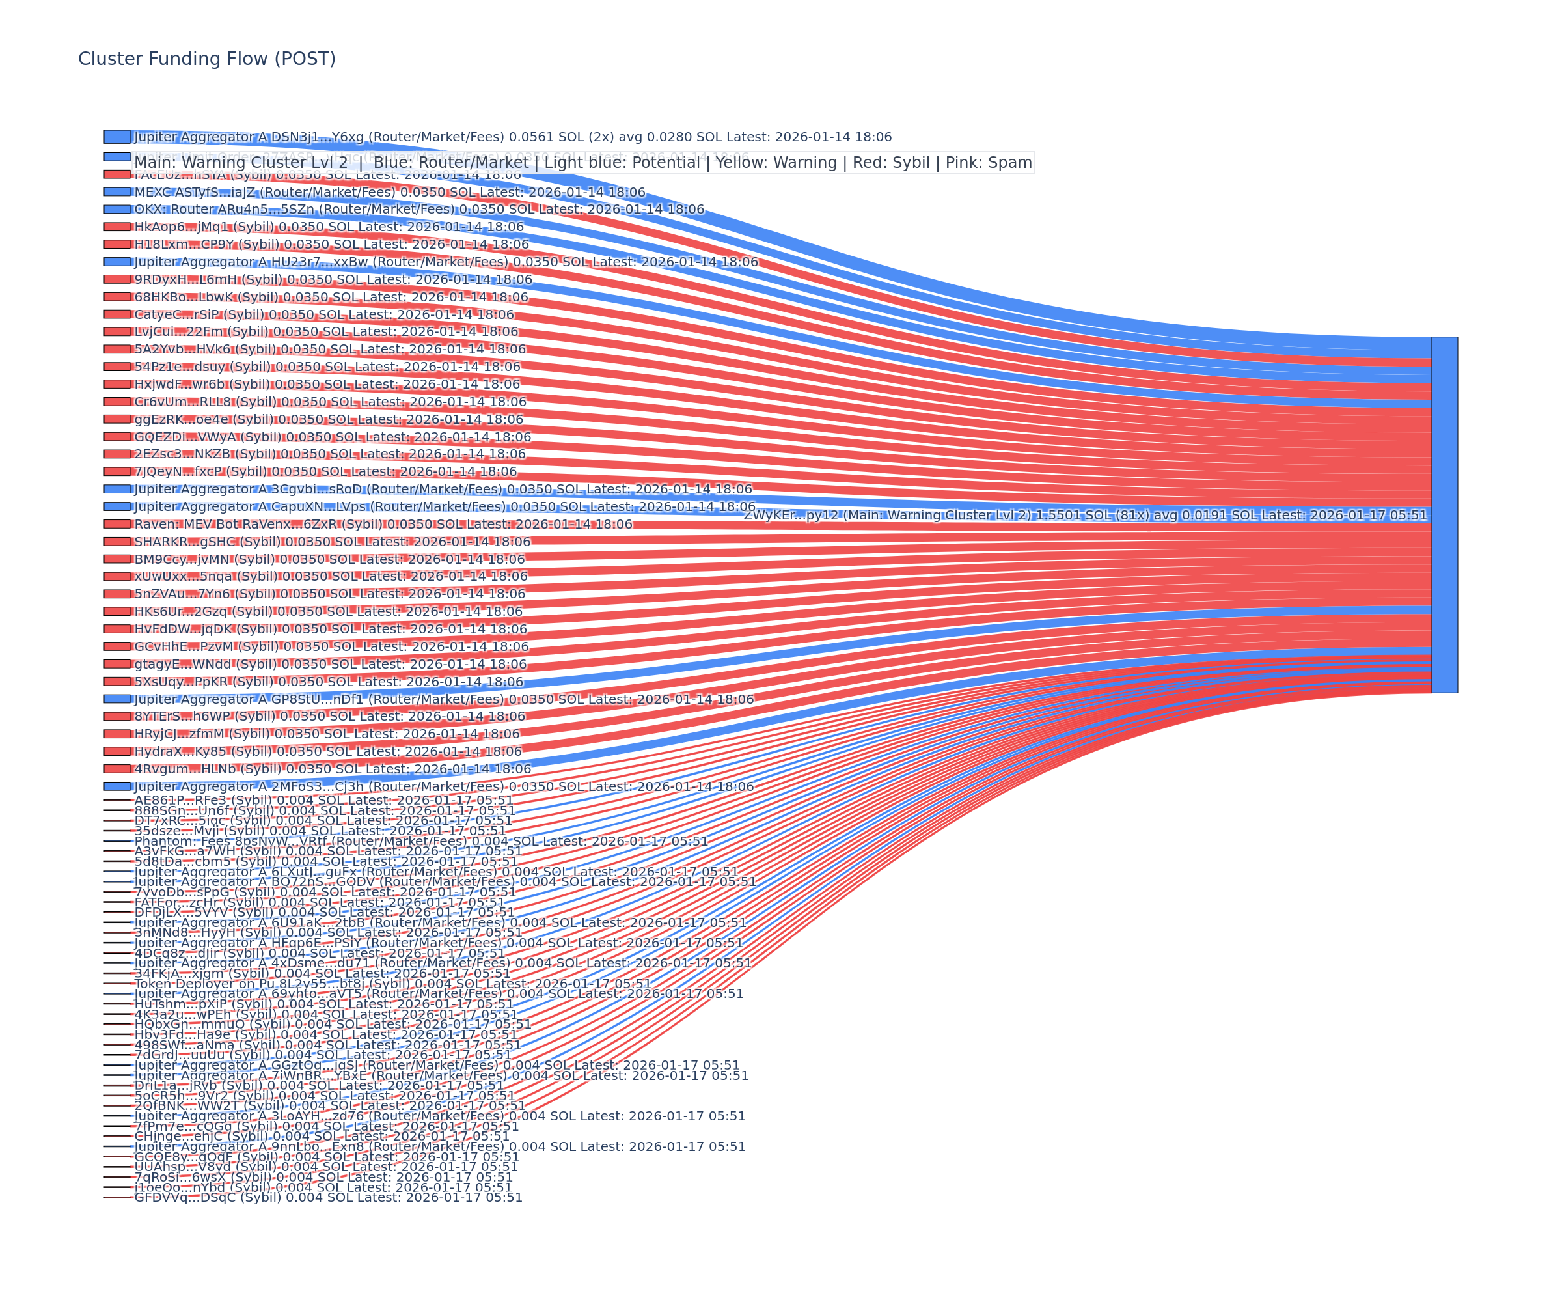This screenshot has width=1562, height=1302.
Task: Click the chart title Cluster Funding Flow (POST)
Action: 207,59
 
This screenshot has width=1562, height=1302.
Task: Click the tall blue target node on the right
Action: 1444,514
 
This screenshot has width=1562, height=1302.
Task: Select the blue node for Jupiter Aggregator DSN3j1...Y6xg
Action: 116,137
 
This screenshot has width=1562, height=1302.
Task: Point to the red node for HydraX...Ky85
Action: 116,751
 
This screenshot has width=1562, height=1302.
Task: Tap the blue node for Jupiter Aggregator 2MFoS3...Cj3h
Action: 116,786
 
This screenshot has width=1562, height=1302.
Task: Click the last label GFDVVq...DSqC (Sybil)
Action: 328,1197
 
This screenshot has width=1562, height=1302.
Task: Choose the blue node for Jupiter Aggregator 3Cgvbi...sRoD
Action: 116,489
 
